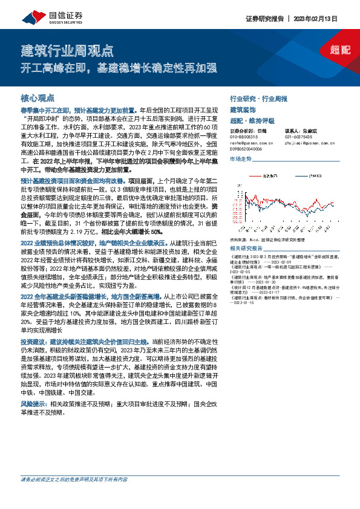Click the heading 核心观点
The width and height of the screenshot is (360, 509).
38,97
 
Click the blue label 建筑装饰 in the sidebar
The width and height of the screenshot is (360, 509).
243,109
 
